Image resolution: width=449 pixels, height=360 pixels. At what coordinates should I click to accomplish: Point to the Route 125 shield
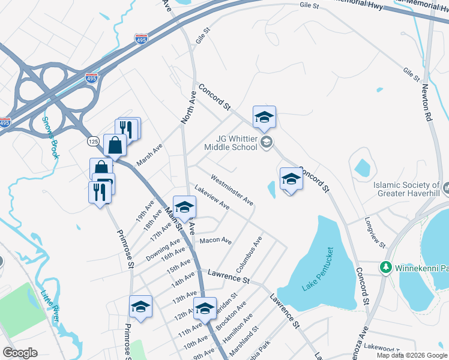click(x=92, y=140)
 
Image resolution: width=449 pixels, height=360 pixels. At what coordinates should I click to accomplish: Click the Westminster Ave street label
click(x=231, y=188)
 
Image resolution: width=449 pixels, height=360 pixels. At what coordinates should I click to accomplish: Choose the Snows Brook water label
click(x=50, y=137)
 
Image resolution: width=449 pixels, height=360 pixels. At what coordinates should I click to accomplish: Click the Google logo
click(x=20, y=353)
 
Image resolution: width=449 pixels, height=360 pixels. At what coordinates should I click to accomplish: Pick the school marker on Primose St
click(x=140, y=307)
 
